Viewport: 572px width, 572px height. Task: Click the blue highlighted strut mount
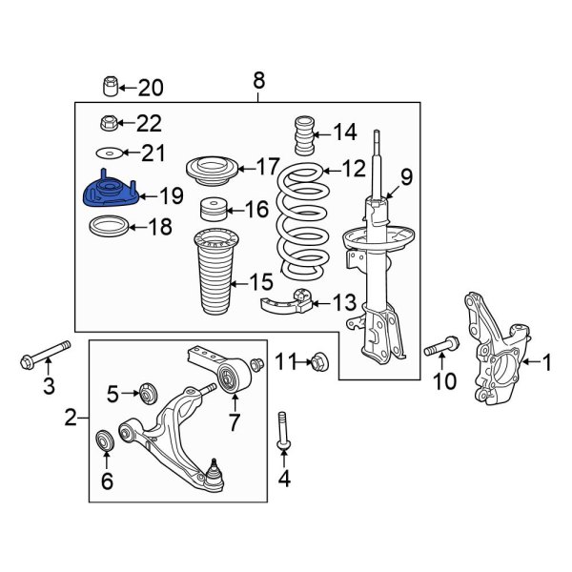[109, 194]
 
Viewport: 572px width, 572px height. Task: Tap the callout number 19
[171, 197]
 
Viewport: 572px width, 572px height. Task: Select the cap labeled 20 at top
[111, 89]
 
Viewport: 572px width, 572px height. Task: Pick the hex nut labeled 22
[110, 122]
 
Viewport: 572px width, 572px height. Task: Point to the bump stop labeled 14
[303, 135]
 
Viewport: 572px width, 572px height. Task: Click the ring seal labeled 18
[108, 227]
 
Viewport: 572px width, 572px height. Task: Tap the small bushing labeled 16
[211, 210]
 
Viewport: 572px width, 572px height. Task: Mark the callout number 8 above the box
[258, 82]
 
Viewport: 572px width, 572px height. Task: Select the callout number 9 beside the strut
[405, 176]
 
